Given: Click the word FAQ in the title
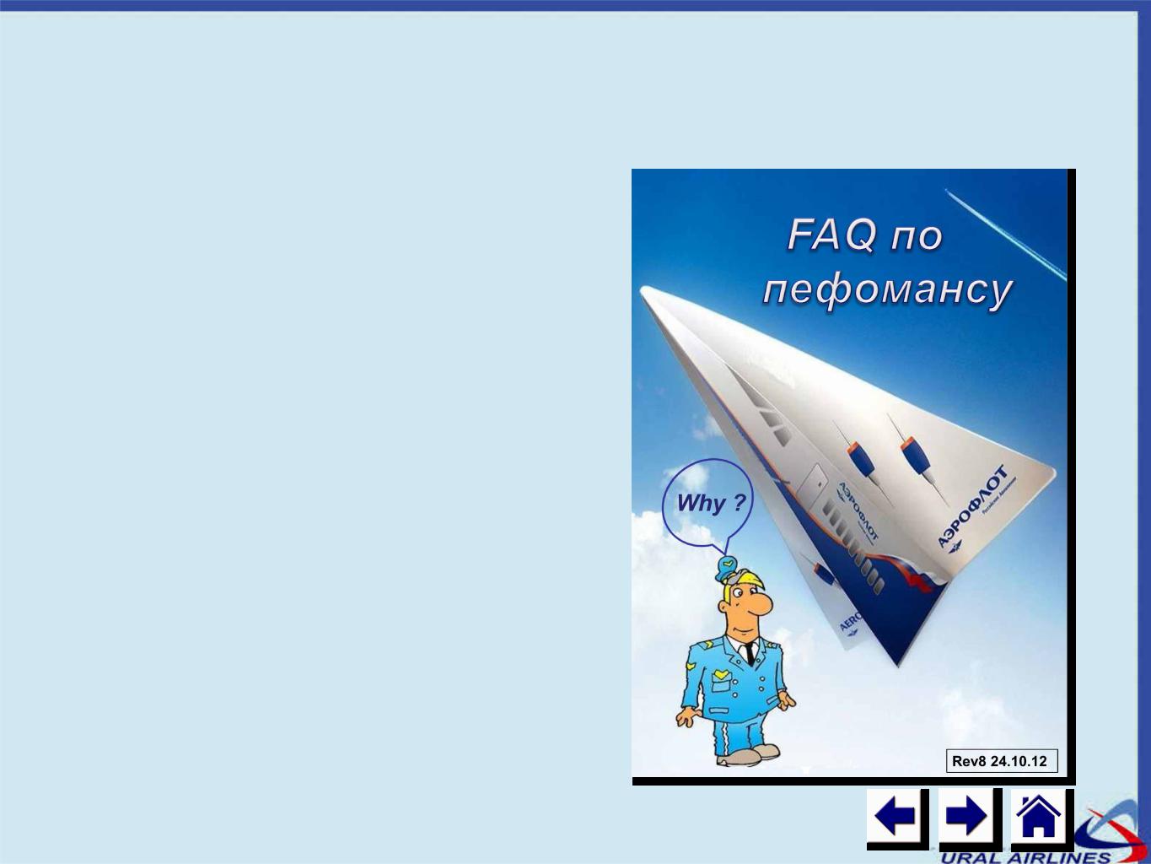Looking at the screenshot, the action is pyautogui.click(x=831, y=235).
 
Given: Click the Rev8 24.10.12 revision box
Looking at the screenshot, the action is pyautogui.click(x=1002, y=761).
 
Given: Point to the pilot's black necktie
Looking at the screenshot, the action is pyautogui.click(x=750, y=654).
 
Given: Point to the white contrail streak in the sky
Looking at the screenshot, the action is pyautogui.click(x=1006, y=233).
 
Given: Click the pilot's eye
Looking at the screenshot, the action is pyautogui.click(x=739, y=593).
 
